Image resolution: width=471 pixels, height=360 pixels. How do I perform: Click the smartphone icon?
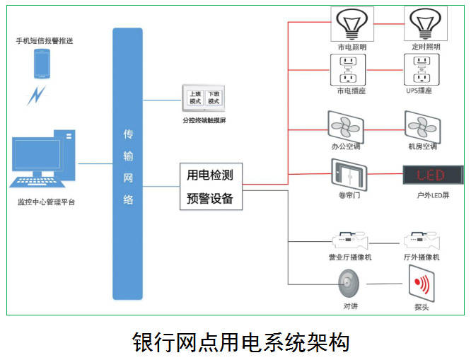tap(42, 64)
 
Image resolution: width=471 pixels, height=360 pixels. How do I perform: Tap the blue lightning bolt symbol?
tap(36, 95)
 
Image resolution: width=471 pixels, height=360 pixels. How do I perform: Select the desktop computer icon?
tap(42, 158)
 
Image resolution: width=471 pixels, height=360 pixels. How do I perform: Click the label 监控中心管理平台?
tap(46, 202)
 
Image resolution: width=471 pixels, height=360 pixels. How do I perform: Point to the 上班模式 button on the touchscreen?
tap(195, 98)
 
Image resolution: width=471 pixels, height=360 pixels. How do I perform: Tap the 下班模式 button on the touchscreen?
tap(214, 98)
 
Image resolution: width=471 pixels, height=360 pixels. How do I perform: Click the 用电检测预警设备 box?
tap(211, 186)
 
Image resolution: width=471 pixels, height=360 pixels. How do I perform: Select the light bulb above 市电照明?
tap(352, 24)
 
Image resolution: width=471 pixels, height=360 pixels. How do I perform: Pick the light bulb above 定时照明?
tap(425, 23)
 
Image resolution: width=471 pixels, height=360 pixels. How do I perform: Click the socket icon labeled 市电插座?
tap(348, 70)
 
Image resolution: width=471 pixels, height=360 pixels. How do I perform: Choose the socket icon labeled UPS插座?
tap(421, 70)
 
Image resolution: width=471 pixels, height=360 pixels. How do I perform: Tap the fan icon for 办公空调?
tap(345, 127)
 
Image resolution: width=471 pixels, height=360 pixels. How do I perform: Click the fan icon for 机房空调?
tap(422, 127)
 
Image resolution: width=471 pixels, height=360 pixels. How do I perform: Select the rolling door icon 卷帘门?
tap(349, 175)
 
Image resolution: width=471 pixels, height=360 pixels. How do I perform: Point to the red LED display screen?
tap(433, 175)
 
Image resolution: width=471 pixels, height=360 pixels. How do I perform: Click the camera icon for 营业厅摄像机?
tap(350, 240)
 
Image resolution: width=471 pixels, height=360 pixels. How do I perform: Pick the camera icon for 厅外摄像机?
tap(422, 240)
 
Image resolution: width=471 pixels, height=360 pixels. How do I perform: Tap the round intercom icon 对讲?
tap(349, 284)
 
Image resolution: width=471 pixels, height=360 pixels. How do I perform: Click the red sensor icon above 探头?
tap(421, 284)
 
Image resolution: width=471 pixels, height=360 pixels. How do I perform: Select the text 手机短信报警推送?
tap(45, 41)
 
